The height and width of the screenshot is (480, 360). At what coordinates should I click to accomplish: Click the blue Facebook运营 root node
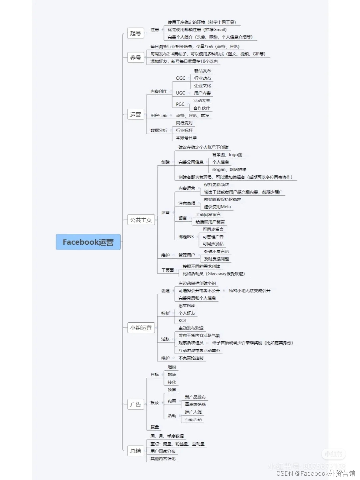pyautogui.click(x=88, y=242)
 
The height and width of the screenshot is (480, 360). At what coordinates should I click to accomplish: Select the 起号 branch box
pyautogui.click(x=135, y=33)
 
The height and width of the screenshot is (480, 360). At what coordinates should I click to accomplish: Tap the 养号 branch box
pyautogui.click(x=135, y=58)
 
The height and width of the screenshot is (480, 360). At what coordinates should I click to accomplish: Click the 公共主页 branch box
pyautogui.click(x=141, y=220)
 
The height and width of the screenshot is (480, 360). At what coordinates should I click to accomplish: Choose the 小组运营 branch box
pyautogui.click(x=141, y=328)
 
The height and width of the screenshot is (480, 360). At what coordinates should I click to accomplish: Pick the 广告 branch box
pyautogui.click(x=135, y=405)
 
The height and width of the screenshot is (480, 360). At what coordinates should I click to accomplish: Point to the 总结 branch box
pyautogui.click(x=135, y=451)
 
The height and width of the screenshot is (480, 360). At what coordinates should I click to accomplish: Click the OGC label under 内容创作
pyautogui.click(x=180, y=78)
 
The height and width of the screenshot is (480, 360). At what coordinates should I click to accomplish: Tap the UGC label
pyautogui.click(x=180, y=93)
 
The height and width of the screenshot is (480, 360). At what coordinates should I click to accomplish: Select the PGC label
pyautogui.click(x=180, y=104)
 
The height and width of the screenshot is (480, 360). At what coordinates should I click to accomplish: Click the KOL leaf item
pyautogui.click(x=183, y=321)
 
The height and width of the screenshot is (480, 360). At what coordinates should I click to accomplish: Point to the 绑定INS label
pyautogui.click(x=186, y=237)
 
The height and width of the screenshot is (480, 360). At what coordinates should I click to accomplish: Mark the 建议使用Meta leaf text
pyautogui.click(x=217, y=207)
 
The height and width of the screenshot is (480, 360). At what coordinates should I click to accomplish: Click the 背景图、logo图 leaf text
pyautogui.click(x=227, y=155)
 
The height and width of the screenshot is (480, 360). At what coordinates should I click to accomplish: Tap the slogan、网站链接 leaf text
pyautogui.click(x=229, y=170)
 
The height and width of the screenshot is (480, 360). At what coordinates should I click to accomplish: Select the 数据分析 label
pyautogui.click(x=159, y=130)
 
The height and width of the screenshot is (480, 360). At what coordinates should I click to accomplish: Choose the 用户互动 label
pyautogui.click(x=159, y=116)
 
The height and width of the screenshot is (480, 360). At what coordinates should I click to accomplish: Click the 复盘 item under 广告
pyautogui.click(x=155, y=427)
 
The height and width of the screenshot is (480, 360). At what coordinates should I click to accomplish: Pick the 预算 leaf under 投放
pyautogui.click(x=172, y=390)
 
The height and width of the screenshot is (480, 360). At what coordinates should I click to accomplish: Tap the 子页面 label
pyautogui.click(x=167, y=270)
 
